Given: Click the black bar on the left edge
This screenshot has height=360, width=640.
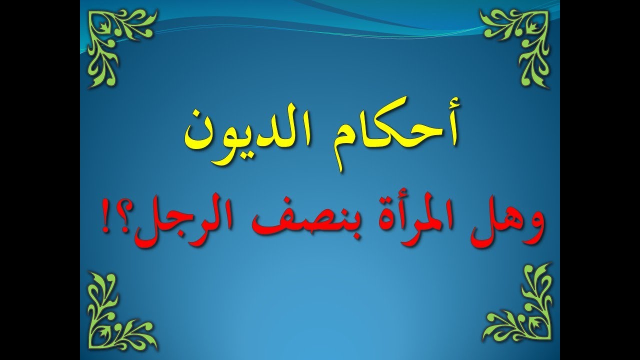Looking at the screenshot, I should (40, 180).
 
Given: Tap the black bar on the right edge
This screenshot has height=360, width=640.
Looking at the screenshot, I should (600, 180).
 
